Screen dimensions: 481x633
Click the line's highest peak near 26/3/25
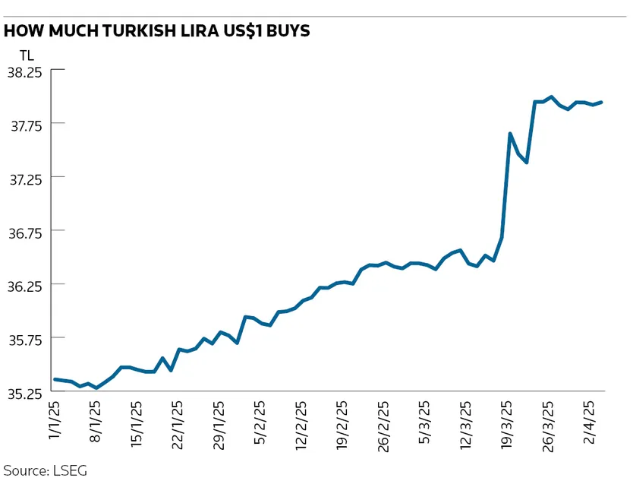pos(552,97)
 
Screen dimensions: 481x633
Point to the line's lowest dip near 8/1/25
pos(96,388)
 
